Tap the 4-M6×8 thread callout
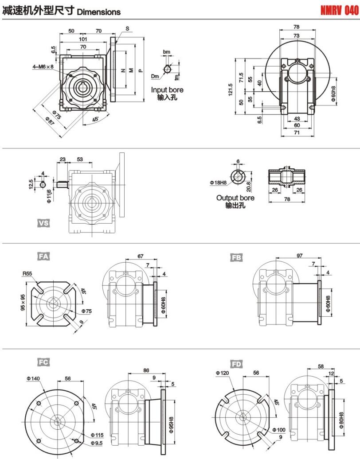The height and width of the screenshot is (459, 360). coord(43,66)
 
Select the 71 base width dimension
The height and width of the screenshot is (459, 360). coord(297,132)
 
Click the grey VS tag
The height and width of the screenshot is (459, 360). coord(43,223)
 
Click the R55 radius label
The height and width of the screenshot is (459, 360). coord(27,274)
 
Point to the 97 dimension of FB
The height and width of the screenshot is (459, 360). coord(300,256)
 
